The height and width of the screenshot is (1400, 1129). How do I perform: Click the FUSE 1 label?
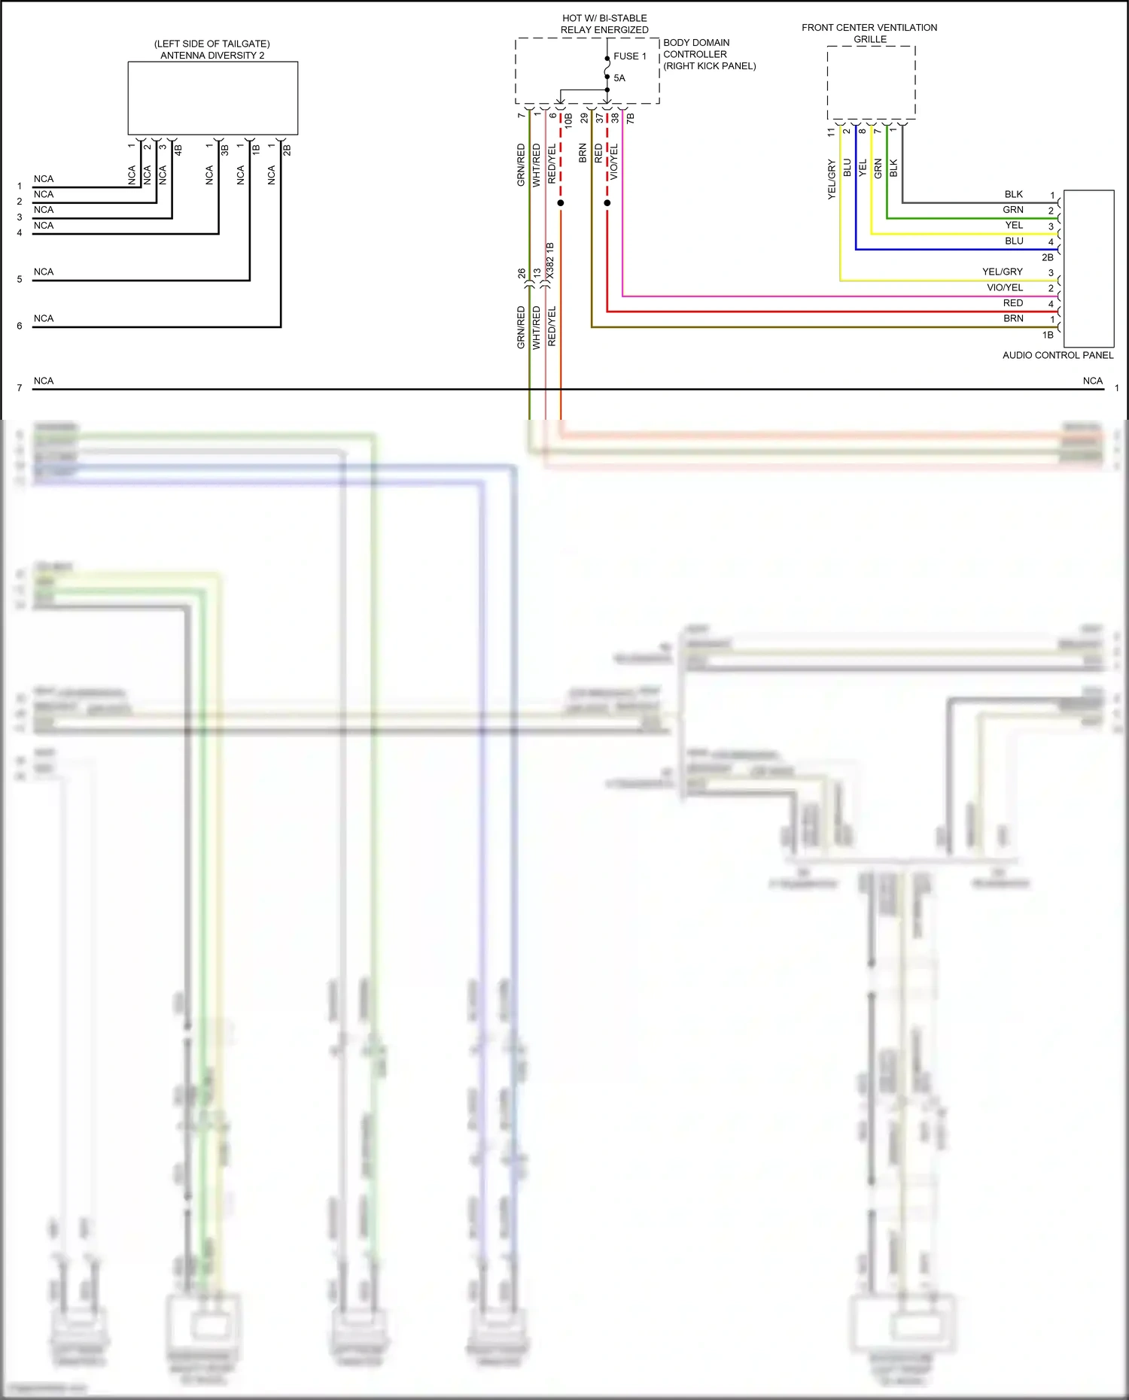pyautogui.click(x=629, y=56)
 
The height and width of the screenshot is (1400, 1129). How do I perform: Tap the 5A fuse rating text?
pyautogui.click(x=619, y=78)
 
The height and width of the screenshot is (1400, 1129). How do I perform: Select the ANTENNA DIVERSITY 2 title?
pyautogui.click(x=212, y=56)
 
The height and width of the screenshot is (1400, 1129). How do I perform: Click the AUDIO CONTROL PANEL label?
pyautogui.click(x=1057, y=355)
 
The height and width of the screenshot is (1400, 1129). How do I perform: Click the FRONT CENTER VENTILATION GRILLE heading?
pyautogui.click(x=869, y=33)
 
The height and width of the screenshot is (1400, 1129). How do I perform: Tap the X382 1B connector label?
pyautogui.click(x=550, y=262)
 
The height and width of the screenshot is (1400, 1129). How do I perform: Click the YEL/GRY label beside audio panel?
pyautogui.click(x=1002, y=272)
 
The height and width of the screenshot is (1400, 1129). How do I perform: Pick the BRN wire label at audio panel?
pyautogui.click(x=1013, y=318)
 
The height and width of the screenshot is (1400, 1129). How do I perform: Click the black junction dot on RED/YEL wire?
pyautogui.click(x=561, y=203)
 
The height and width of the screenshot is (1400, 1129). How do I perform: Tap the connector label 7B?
pyautogui.click(x=631, y=118)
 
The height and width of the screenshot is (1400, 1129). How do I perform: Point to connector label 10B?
pyautogui.click(x=569, y=119)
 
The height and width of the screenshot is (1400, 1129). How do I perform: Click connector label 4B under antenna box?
pyautogui.click(x=178, y=150)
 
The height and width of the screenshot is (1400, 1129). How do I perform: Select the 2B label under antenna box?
pyautogui.click(x=287, y=150)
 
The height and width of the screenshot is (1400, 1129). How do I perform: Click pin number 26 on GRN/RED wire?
pyautogui.click(x=522, y=274)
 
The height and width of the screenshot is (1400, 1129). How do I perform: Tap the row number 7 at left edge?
pyautogui.click(x=20, y=388)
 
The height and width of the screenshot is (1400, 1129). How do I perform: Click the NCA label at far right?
pyautogui.click(x=1092, y=381)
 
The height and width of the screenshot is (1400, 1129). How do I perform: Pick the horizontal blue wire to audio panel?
pyautogui.click(x=956, y=250)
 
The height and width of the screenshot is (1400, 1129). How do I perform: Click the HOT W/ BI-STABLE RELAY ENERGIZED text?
pyautogui.click(x=604, y=24)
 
